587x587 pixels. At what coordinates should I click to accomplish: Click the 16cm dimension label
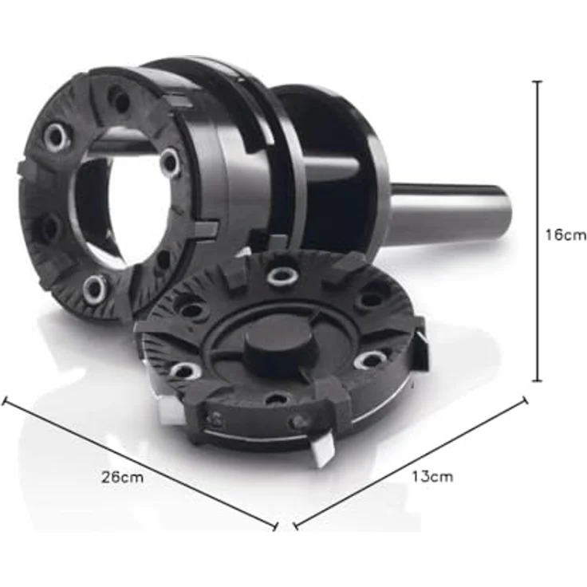[565, 235]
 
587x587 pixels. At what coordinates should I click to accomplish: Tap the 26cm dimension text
[122, 477]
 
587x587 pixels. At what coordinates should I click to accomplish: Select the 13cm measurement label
[432, 477]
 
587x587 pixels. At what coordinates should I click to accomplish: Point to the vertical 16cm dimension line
[538, 231]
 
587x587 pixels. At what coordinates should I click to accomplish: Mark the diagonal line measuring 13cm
[411, 462]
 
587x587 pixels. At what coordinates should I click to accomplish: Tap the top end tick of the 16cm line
[538, 81]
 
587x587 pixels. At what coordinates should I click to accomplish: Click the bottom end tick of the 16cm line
[538, 381]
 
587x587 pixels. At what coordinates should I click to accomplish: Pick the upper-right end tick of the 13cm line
[526, 400]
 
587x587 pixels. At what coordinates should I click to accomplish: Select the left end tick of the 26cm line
[5, 400]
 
